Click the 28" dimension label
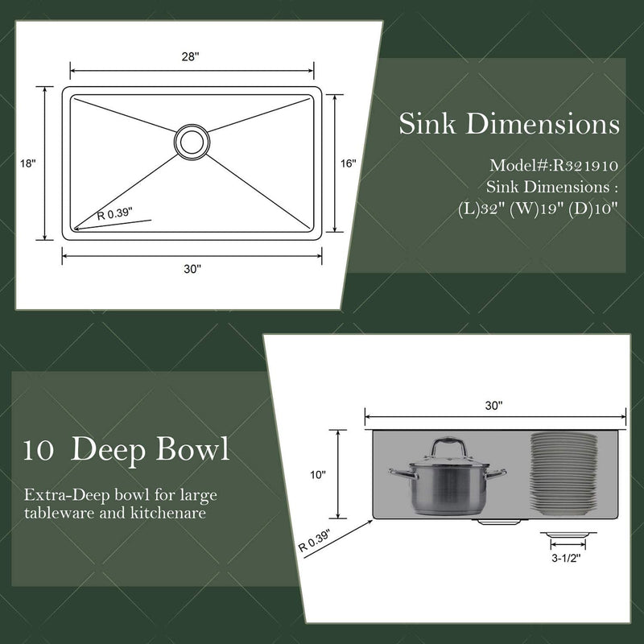190,56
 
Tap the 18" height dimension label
28,163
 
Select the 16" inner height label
348,163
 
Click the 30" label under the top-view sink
192,269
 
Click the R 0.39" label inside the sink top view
114,214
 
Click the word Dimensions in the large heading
543,123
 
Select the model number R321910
585,166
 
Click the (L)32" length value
481,209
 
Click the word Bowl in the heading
192,449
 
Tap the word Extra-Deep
67,495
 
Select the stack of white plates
563,473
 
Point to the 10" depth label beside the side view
317,475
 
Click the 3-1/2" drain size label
567,558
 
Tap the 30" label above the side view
493,406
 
